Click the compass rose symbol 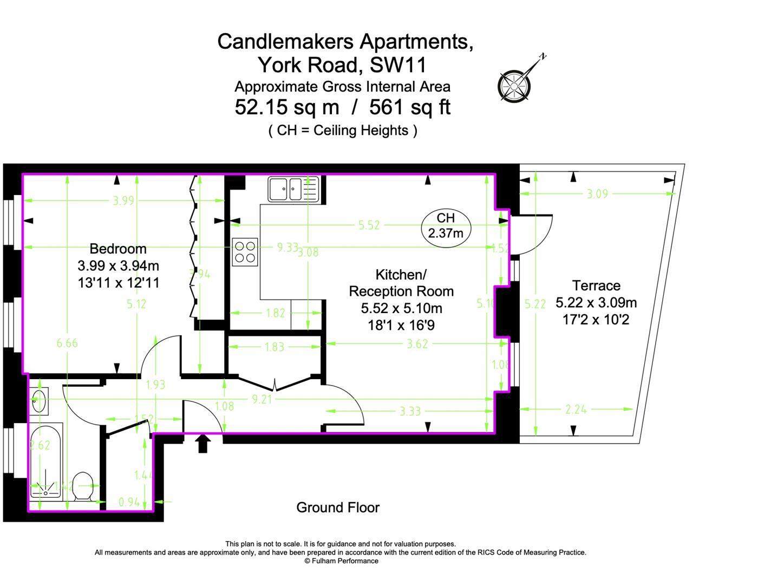click(x=514, y=86)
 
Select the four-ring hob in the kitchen click(x=245, y=252)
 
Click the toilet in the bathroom click(x=83, y=485)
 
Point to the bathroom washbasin click(x=39, y=401)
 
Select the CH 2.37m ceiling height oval click(x=446, y=225)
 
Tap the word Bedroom click(x=118, y=249)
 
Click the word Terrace click(x=596, y=285)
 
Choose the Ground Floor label click(x=338, y=508)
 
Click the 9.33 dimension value click(x=287, y=247)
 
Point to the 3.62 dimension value click(x=417, y=343)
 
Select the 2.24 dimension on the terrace click(x=576, y=409)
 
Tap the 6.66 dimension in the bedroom click(x=67, y=343)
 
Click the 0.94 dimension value click(x=129, y=502)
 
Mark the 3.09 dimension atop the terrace click(x=597, y=193)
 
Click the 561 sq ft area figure click(x=409, y=107)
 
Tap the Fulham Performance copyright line click(x=341, y=561)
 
